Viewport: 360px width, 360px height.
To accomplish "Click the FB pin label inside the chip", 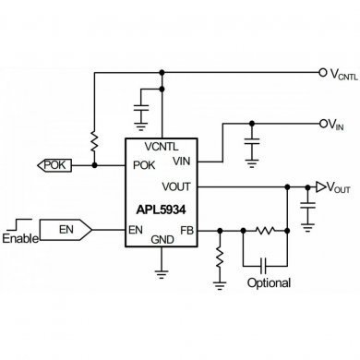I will coord(187,229).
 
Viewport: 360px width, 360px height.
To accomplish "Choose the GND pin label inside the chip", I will coord(162,239).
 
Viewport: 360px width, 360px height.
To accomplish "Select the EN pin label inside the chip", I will coord(137,229).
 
